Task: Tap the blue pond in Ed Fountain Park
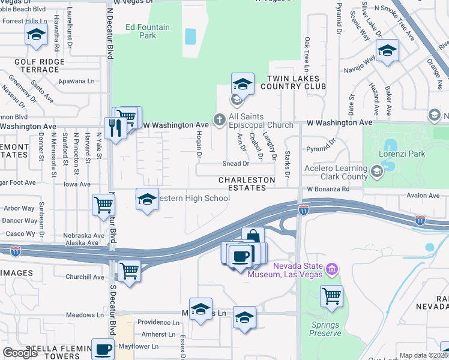point(190,36)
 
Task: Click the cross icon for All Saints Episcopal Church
point(220,120)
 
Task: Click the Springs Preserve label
point(325,329)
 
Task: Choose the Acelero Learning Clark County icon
point(376,172)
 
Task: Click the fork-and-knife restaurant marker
point(112,127)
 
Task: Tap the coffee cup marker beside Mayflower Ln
point(102,349)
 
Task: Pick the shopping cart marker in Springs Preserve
point(331,295)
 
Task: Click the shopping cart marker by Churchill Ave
point(130,270)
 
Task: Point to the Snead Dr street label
point(235,163)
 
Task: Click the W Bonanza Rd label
point(328,189)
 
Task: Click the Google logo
point(20,353)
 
